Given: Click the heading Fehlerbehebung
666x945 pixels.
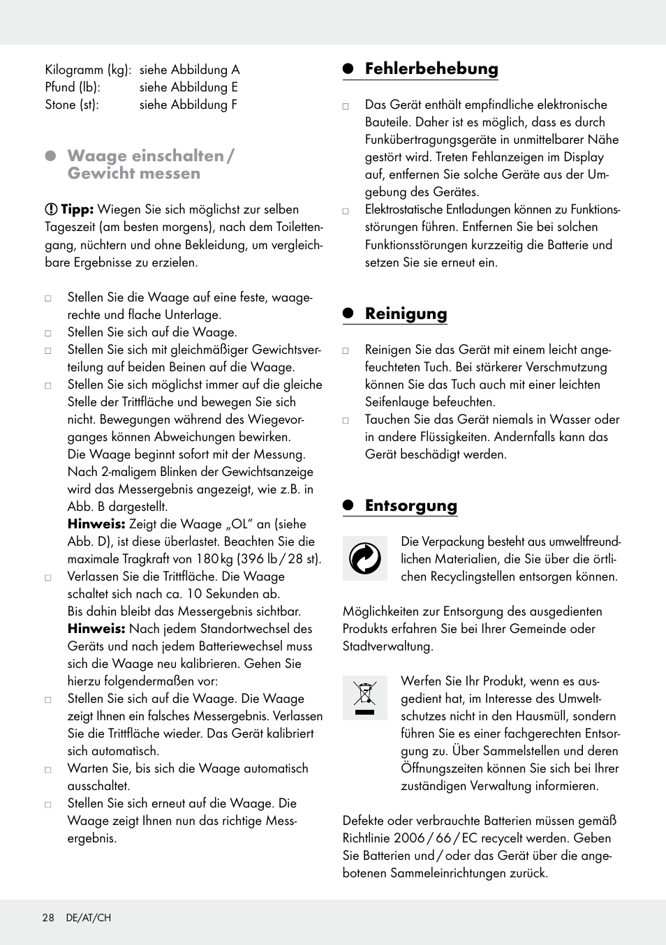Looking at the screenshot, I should (431, 68).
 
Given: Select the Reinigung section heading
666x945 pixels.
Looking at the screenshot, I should (406, 313).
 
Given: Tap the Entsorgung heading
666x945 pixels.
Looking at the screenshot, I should (410, 506).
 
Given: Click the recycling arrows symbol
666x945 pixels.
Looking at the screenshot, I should (364, 558).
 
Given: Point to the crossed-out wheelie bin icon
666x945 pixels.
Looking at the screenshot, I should (364, 698).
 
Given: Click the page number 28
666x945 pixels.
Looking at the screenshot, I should (48, 918).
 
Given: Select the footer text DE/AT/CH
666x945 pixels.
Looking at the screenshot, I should (88, 918).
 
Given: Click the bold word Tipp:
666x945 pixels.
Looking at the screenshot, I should (77, 209).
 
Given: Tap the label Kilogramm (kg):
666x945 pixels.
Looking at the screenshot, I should (88, 70).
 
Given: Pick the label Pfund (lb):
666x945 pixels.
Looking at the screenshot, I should (73, 87).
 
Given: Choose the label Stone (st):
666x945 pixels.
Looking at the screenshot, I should (72, 105).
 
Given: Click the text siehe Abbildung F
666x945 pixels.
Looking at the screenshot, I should (188, 105).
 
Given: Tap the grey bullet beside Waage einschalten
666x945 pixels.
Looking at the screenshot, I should (50, 156).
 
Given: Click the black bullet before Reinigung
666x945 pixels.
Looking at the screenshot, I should (348, 313).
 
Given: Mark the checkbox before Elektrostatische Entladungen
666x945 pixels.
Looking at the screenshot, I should (346, 211).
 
